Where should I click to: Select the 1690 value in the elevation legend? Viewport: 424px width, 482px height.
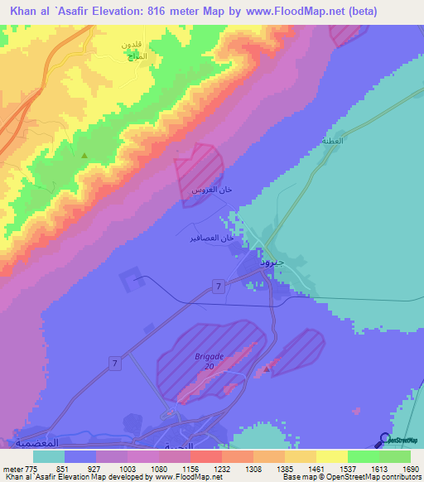(411, 468)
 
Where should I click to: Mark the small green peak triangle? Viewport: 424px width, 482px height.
(84, 155)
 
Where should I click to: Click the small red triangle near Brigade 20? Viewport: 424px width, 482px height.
(266, 368)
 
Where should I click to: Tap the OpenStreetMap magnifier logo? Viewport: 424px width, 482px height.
(384, 441)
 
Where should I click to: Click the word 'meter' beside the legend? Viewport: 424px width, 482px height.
(10, 468)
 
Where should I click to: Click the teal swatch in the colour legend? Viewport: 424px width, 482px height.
(49, 456)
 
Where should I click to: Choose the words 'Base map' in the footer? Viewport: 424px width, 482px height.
(298, 477)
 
